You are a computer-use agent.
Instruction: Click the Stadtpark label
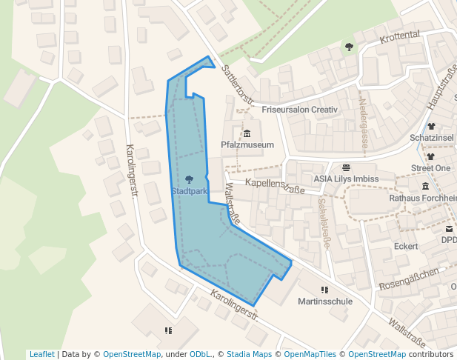point(190,191)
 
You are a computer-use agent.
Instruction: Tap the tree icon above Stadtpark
point(190,179)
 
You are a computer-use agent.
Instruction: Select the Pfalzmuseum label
point(247,145)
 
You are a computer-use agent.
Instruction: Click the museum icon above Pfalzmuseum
point(247,133)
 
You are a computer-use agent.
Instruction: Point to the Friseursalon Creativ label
point(299,110)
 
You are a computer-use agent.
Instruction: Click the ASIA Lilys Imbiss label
point(346,179)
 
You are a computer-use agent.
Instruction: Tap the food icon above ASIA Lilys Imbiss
point(346,167)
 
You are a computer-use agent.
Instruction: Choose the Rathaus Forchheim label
point(422,199)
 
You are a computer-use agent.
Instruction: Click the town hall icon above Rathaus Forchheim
point(425,187)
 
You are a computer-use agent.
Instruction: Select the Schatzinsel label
point(432,139)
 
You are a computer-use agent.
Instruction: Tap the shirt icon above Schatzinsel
point(432,127)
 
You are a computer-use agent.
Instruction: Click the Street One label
point(431,169)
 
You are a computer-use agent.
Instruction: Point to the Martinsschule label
point(325,301)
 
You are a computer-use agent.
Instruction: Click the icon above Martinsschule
point(324,290)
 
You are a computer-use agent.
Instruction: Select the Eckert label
point(406,246)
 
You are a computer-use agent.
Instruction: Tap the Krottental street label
point(399,36)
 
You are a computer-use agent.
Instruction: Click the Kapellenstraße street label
point(274,186)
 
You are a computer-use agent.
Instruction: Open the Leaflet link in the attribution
point(41,354)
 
